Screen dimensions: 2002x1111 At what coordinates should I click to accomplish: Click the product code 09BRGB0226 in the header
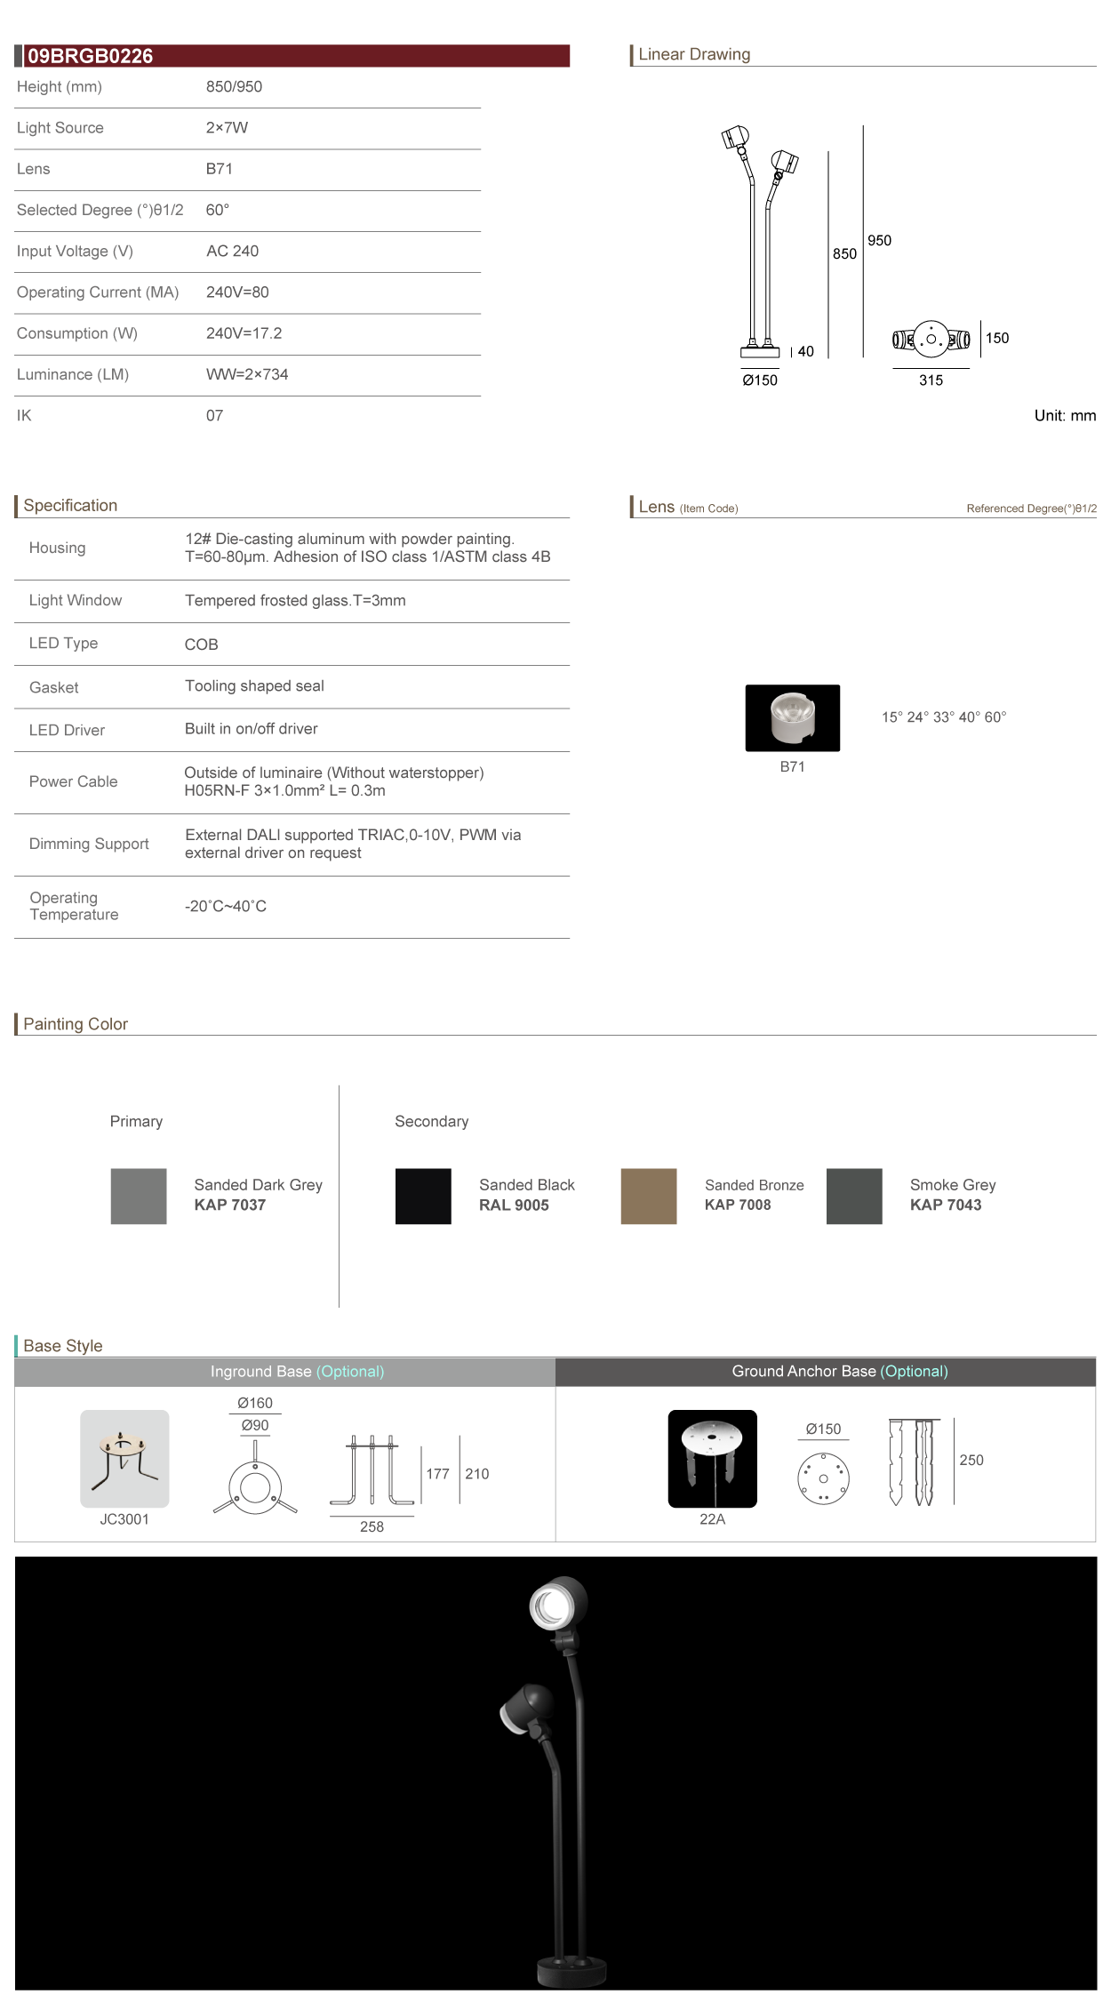click(90, 56)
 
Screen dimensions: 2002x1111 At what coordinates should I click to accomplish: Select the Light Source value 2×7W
click(227, 128)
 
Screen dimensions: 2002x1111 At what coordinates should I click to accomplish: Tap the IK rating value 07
click(214, 416)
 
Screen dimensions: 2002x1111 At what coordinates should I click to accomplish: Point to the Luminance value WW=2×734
click(247, 375)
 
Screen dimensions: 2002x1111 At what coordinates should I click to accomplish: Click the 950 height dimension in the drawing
click(879, 241)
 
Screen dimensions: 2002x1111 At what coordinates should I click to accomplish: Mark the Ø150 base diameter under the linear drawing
click(760, 380)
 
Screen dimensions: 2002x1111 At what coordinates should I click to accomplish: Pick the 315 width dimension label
click(931, 380)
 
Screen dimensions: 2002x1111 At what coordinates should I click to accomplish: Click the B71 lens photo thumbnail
click(792, 718)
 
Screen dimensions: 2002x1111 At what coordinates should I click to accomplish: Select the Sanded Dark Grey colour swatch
click(139, 1197)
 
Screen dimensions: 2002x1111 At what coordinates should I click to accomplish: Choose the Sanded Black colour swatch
click(423, 1197)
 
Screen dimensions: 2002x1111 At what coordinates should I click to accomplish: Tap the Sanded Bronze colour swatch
click(649, 1197)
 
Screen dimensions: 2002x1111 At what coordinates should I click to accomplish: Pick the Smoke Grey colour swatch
click(854, 1197)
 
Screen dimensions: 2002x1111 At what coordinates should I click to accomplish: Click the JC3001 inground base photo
click(124, 1459)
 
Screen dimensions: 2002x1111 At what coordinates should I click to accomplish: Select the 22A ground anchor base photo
click(712, 1459)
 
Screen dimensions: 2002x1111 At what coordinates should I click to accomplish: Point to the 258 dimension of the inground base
click(372, 1527)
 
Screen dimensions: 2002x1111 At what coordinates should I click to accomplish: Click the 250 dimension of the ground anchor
click(971, 1461)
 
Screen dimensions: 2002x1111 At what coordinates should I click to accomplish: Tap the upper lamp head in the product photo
click(558, 1605)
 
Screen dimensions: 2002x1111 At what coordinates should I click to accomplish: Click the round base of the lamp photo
click(571, 1972)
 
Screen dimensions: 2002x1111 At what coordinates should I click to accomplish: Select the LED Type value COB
click(201, 645)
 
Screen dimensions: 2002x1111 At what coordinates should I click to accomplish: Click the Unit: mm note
click(1065, 416)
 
